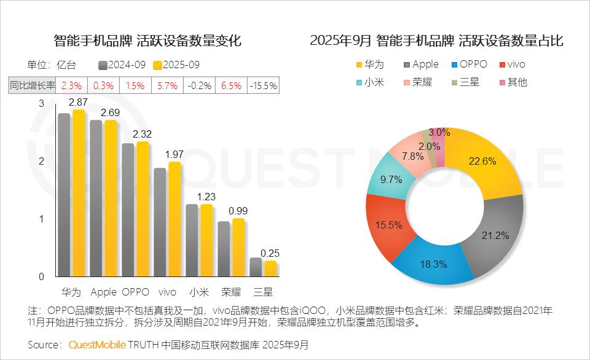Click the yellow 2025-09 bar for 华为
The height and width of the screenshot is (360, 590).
tap(79, 194)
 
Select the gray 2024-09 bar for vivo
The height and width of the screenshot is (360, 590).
tap(160, 222)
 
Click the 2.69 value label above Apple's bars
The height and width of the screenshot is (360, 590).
tap(111, 112)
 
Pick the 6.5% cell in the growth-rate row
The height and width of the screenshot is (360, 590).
tap(231, 86)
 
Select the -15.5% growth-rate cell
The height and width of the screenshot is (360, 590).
tap(263, 86)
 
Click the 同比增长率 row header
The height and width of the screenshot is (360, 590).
tap(33, 86)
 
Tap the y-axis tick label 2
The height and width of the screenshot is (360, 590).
tap(42, 161)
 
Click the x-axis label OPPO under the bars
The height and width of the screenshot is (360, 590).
tap(136, 291)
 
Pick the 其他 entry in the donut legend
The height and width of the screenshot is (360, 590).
tap(512, 82)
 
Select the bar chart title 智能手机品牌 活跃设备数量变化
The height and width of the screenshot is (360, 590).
tap(147, 41)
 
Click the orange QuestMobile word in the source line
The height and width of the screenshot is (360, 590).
tap(96, 344)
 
